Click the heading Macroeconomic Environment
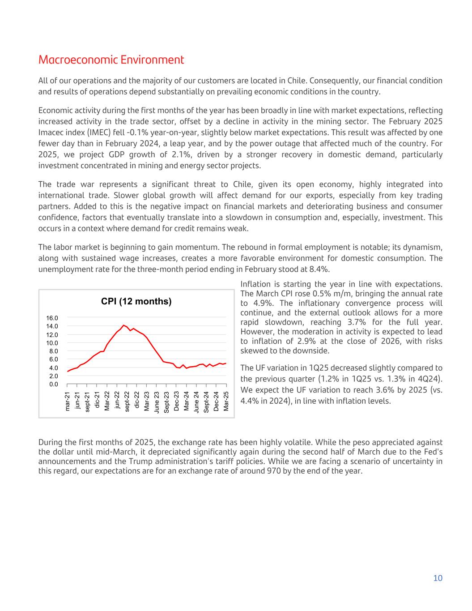point(111,60)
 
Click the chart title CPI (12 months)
point(136,301)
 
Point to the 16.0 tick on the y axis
point(52,318)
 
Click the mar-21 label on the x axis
point(68,401)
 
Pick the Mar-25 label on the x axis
point(226,401)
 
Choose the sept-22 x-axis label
point(127,402)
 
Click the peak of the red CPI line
point(123,325)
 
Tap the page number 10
point(438,578)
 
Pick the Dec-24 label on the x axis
point(216,401)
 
